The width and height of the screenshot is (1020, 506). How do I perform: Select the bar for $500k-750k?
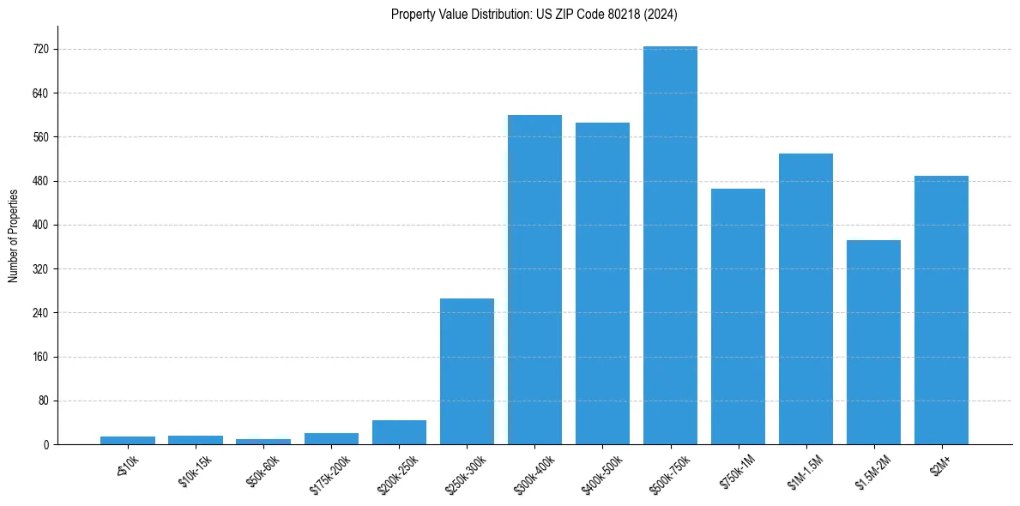[670, 245]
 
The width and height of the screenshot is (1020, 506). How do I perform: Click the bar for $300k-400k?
[534, 280]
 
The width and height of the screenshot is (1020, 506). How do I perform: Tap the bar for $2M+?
[941, 310]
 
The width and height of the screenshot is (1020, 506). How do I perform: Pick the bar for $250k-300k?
[467, 371]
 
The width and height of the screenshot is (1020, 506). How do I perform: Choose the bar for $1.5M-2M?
[873, 342]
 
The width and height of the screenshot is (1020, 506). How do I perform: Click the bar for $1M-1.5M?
[806, 298]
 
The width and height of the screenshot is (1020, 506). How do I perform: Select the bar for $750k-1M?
[738, 316]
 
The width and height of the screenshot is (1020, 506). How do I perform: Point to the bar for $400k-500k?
[602, 283]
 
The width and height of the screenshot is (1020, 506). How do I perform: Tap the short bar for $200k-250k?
[399, 432]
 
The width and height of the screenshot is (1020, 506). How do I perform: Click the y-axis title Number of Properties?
[13, 235]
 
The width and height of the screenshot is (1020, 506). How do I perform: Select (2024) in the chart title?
[658, 15]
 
